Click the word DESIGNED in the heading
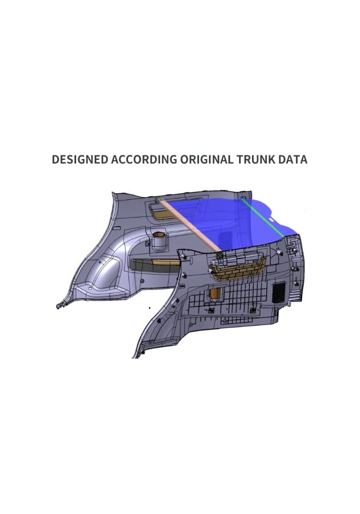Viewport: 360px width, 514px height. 80,159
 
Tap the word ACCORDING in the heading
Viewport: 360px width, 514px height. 144,159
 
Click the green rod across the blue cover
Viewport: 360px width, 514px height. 263,217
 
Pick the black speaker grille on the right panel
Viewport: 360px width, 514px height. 279,292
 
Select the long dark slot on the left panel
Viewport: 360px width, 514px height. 155,263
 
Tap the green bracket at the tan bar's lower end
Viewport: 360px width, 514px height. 220,254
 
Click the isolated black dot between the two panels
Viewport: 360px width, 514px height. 150,308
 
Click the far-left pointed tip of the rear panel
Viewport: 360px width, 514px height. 58,306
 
